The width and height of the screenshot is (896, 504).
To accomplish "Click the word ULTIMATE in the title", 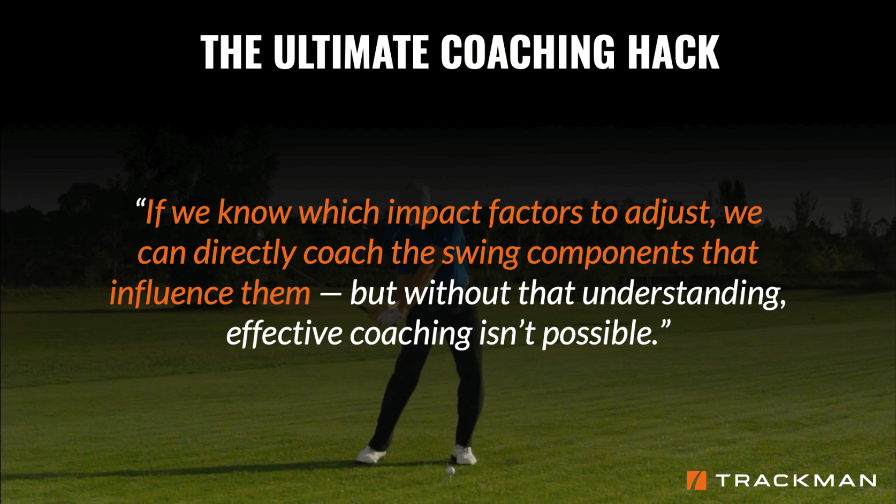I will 351,52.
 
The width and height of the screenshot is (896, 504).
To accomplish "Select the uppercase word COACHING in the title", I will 528,52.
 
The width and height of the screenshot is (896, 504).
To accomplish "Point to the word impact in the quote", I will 434,213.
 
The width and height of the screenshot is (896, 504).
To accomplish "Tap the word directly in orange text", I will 244,253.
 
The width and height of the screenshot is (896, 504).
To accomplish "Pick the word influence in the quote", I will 171,293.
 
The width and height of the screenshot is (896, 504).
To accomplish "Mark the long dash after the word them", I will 330,294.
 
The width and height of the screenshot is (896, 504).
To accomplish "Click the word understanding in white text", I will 684,294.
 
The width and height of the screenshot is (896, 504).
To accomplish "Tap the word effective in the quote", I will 284,333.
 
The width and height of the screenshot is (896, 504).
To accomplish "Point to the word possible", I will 600,333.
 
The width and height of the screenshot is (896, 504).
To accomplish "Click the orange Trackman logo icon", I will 696,480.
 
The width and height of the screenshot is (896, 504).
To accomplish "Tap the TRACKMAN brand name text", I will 796,480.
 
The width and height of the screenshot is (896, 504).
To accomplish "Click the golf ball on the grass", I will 451,471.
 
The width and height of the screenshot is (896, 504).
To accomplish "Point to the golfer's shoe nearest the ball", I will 464,455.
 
